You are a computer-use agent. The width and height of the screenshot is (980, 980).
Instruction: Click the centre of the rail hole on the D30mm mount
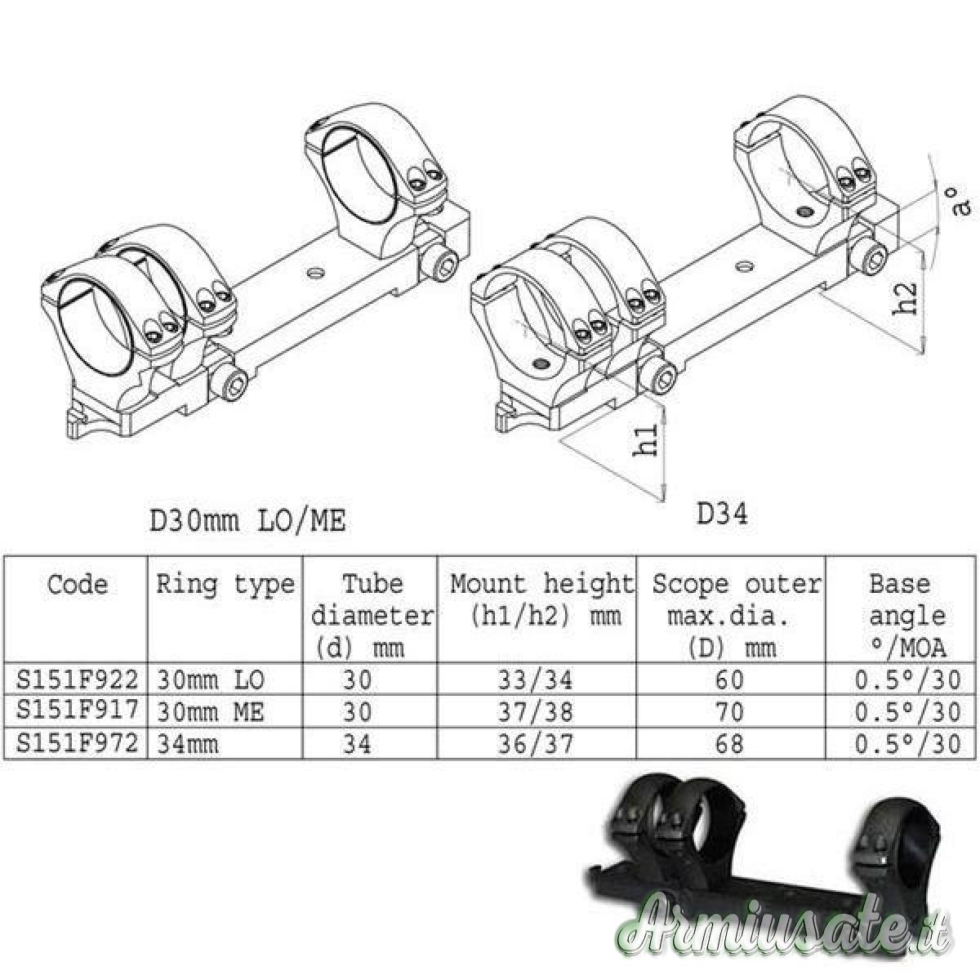315,274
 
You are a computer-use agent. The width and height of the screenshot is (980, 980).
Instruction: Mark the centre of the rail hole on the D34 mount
745,265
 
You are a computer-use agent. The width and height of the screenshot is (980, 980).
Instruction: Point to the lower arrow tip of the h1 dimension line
662,500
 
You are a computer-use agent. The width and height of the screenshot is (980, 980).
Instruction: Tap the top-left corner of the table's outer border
4,556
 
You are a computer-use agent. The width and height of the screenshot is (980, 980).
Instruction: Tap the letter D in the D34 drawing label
704,515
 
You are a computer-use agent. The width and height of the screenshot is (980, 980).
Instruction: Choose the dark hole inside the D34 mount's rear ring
805,211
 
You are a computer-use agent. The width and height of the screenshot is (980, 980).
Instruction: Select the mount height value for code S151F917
535,711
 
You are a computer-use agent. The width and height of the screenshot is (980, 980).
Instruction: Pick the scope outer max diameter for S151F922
729,679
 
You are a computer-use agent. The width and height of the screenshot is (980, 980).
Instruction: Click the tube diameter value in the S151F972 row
357,743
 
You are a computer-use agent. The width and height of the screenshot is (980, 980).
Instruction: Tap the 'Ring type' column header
225,585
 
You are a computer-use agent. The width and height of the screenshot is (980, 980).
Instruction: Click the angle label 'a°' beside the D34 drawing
957,203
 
